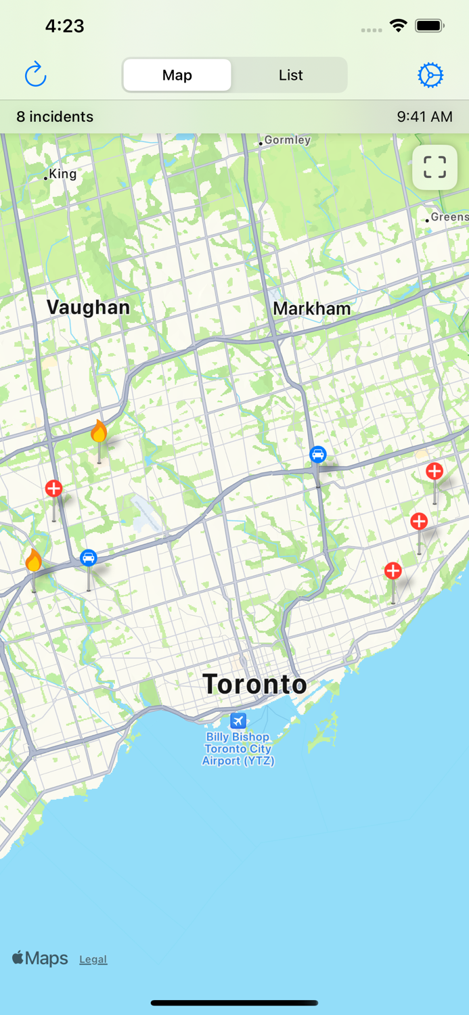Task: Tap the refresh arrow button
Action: coord(35,74)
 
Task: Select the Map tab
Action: coord(177,75)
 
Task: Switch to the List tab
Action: coord(290,75)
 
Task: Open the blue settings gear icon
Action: coord(430,75)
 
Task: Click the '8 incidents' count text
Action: coord(55,116)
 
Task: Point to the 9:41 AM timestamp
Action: coord(424,116)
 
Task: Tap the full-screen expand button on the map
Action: coord(434,167)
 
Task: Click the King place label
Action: coord(62,174)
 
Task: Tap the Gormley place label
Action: coord(287,140)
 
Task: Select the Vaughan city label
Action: coord(88,307)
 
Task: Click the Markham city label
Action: coord(311,309)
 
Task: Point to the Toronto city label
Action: coord(254,684)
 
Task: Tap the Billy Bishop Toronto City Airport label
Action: coord(238,748)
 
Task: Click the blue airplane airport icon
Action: coord(238,721)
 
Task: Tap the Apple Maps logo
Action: coord(41,958)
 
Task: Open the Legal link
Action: coord(93,960)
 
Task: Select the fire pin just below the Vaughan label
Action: coord(99,432)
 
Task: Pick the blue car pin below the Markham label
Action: coord(318,455)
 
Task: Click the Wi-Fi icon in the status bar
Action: coord(398,26)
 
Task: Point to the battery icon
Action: coord(429,26)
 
